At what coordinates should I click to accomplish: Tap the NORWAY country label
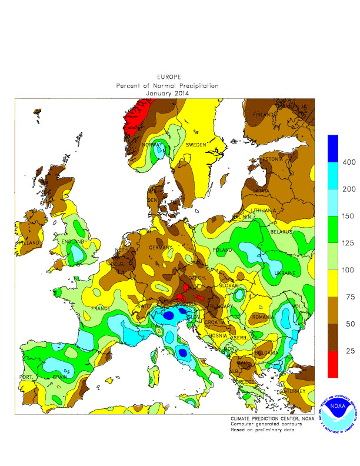(152, 145)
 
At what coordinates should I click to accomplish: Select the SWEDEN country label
(195, 144)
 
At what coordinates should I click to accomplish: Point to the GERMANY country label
(159, 249)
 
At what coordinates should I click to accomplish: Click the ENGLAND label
(70, 241)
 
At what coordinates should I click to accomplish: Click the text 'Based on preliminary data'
(262, 430)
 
